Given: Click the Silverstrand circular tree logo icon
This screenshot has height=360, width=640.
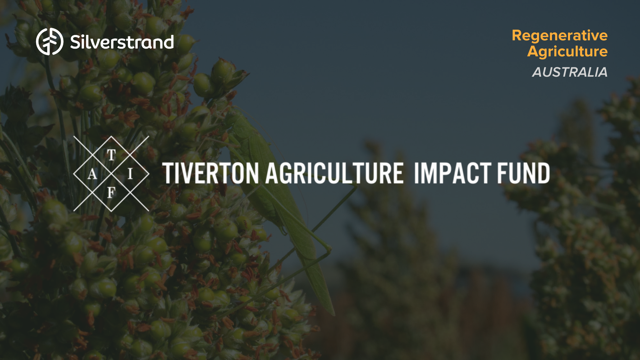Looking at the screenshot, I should tap(50, 42).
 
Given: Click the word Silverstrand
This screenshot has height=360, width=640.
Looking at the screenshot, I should tap(122, 42).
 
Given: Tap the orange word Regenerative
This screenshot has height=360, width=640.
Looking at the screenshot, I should tap(559, 36).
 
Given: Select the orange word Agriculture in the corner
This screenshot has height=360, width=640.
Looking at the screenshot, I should tap(567, 51).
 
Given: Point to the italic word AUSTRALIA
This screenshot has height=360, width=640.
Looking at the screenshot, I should tap(570, 72).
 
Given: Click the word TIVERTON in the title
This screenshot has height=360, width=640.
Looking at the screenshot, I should tap(211, 173).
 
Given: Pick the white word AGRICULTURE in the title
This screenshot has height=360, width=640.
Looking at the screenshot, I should tap(334, 173).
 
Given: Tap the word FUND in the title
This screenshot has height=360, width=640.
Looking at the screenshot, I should tap(523, 173).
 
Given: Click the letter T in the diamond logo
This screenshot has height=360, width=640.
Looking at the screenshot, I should tap(111, 155).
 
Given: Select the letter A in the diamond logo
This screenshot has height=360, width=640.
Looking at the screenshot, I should tap(92, 174).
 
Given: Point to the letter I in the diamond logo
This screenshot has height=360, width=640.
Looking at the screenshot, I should tap(130, 174).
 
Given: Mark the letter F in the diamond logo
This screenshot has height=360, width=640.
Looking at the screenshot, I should tap(111, 193).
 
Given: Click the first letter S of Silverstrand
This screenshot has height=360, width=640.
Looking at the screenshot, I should tap(76, 42).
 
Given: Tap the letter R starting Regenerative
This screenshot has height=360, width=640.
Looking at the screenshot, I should tap(518, 36).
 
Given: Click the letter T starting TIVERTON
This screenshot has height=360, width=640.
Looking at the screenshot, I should tap(169, 173).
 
